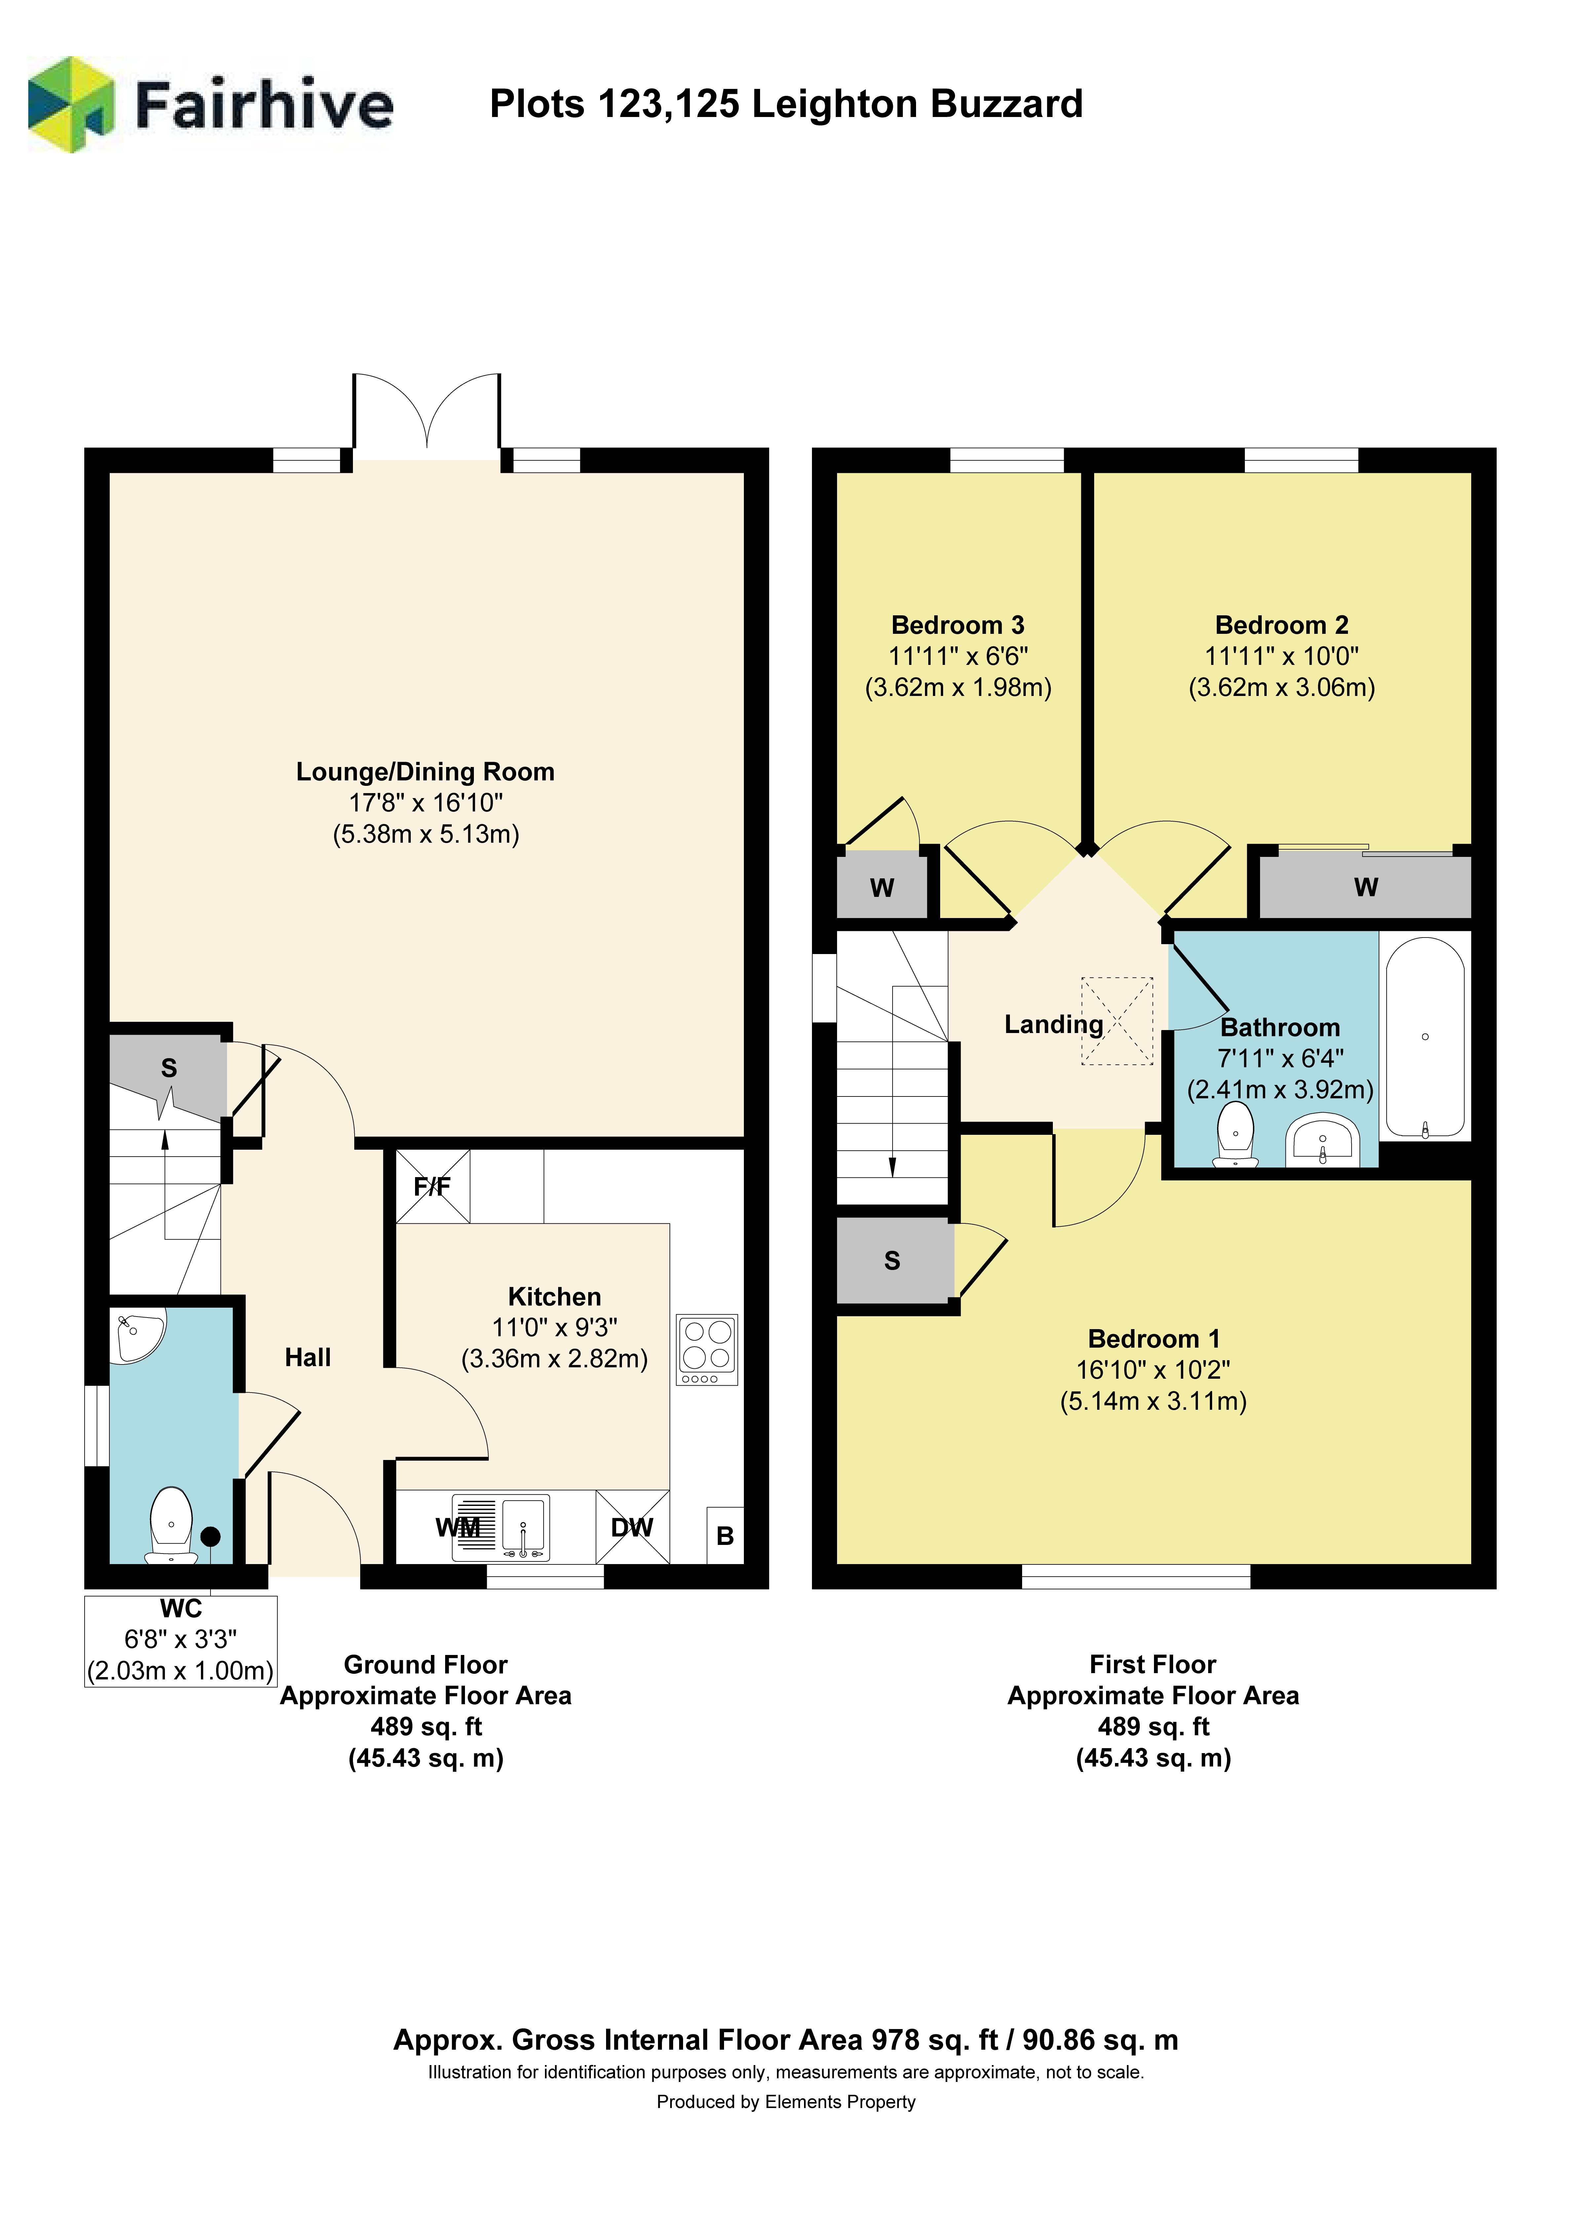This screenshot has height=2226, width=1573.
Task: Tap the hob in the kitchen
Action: pos(707,1349)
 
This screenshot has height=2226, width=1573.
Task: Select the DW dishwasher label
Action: pos(632,1528)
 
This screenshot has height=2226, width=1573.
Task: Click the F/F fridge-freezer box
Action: pos(433,1186)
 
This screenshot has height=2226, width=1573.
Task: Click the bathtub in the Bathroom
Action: pos(1425,1036)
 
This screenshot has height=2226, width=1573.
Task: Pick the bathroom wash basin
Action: pos(1323,1140)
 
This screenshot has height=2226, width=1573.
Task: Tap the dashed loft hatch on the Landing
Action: pos(1117,1021)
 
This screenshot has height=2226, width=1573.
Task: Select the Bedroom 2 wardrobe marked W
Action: pos(1365,886)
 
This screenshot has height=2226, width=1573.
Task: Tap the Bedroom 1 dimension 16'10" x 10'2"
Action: pos(1153,1370)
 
